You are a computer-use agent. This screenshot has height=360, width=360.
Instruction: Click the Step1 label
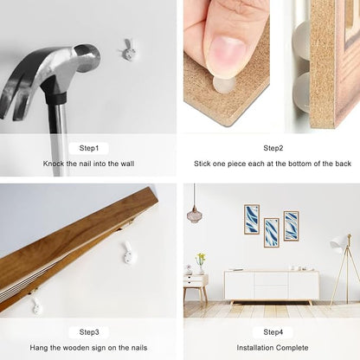(89, 148)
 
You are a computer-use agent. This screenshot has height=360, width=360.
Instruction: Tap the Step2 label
(273, 148)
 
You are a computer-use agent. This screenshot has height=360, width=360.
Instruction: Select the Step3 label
(89, 332)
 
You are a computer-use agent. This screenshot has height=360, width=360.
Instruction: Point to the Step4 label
(273, 332)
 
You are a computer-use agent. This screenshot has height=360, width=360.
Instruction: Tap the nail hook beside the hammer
(127, 50)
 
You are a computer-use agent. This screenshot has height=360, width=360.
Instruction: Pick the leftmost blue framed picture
(252, 219)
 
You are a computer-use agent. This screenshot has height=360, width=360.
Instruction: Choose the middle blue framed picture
(272, 233)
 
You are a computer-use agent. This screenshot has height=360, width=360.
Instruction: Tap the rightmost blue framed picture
(291, 226)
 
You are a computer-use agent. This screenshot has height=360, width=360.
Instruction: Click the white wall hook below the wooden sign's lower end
(36, 305)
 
